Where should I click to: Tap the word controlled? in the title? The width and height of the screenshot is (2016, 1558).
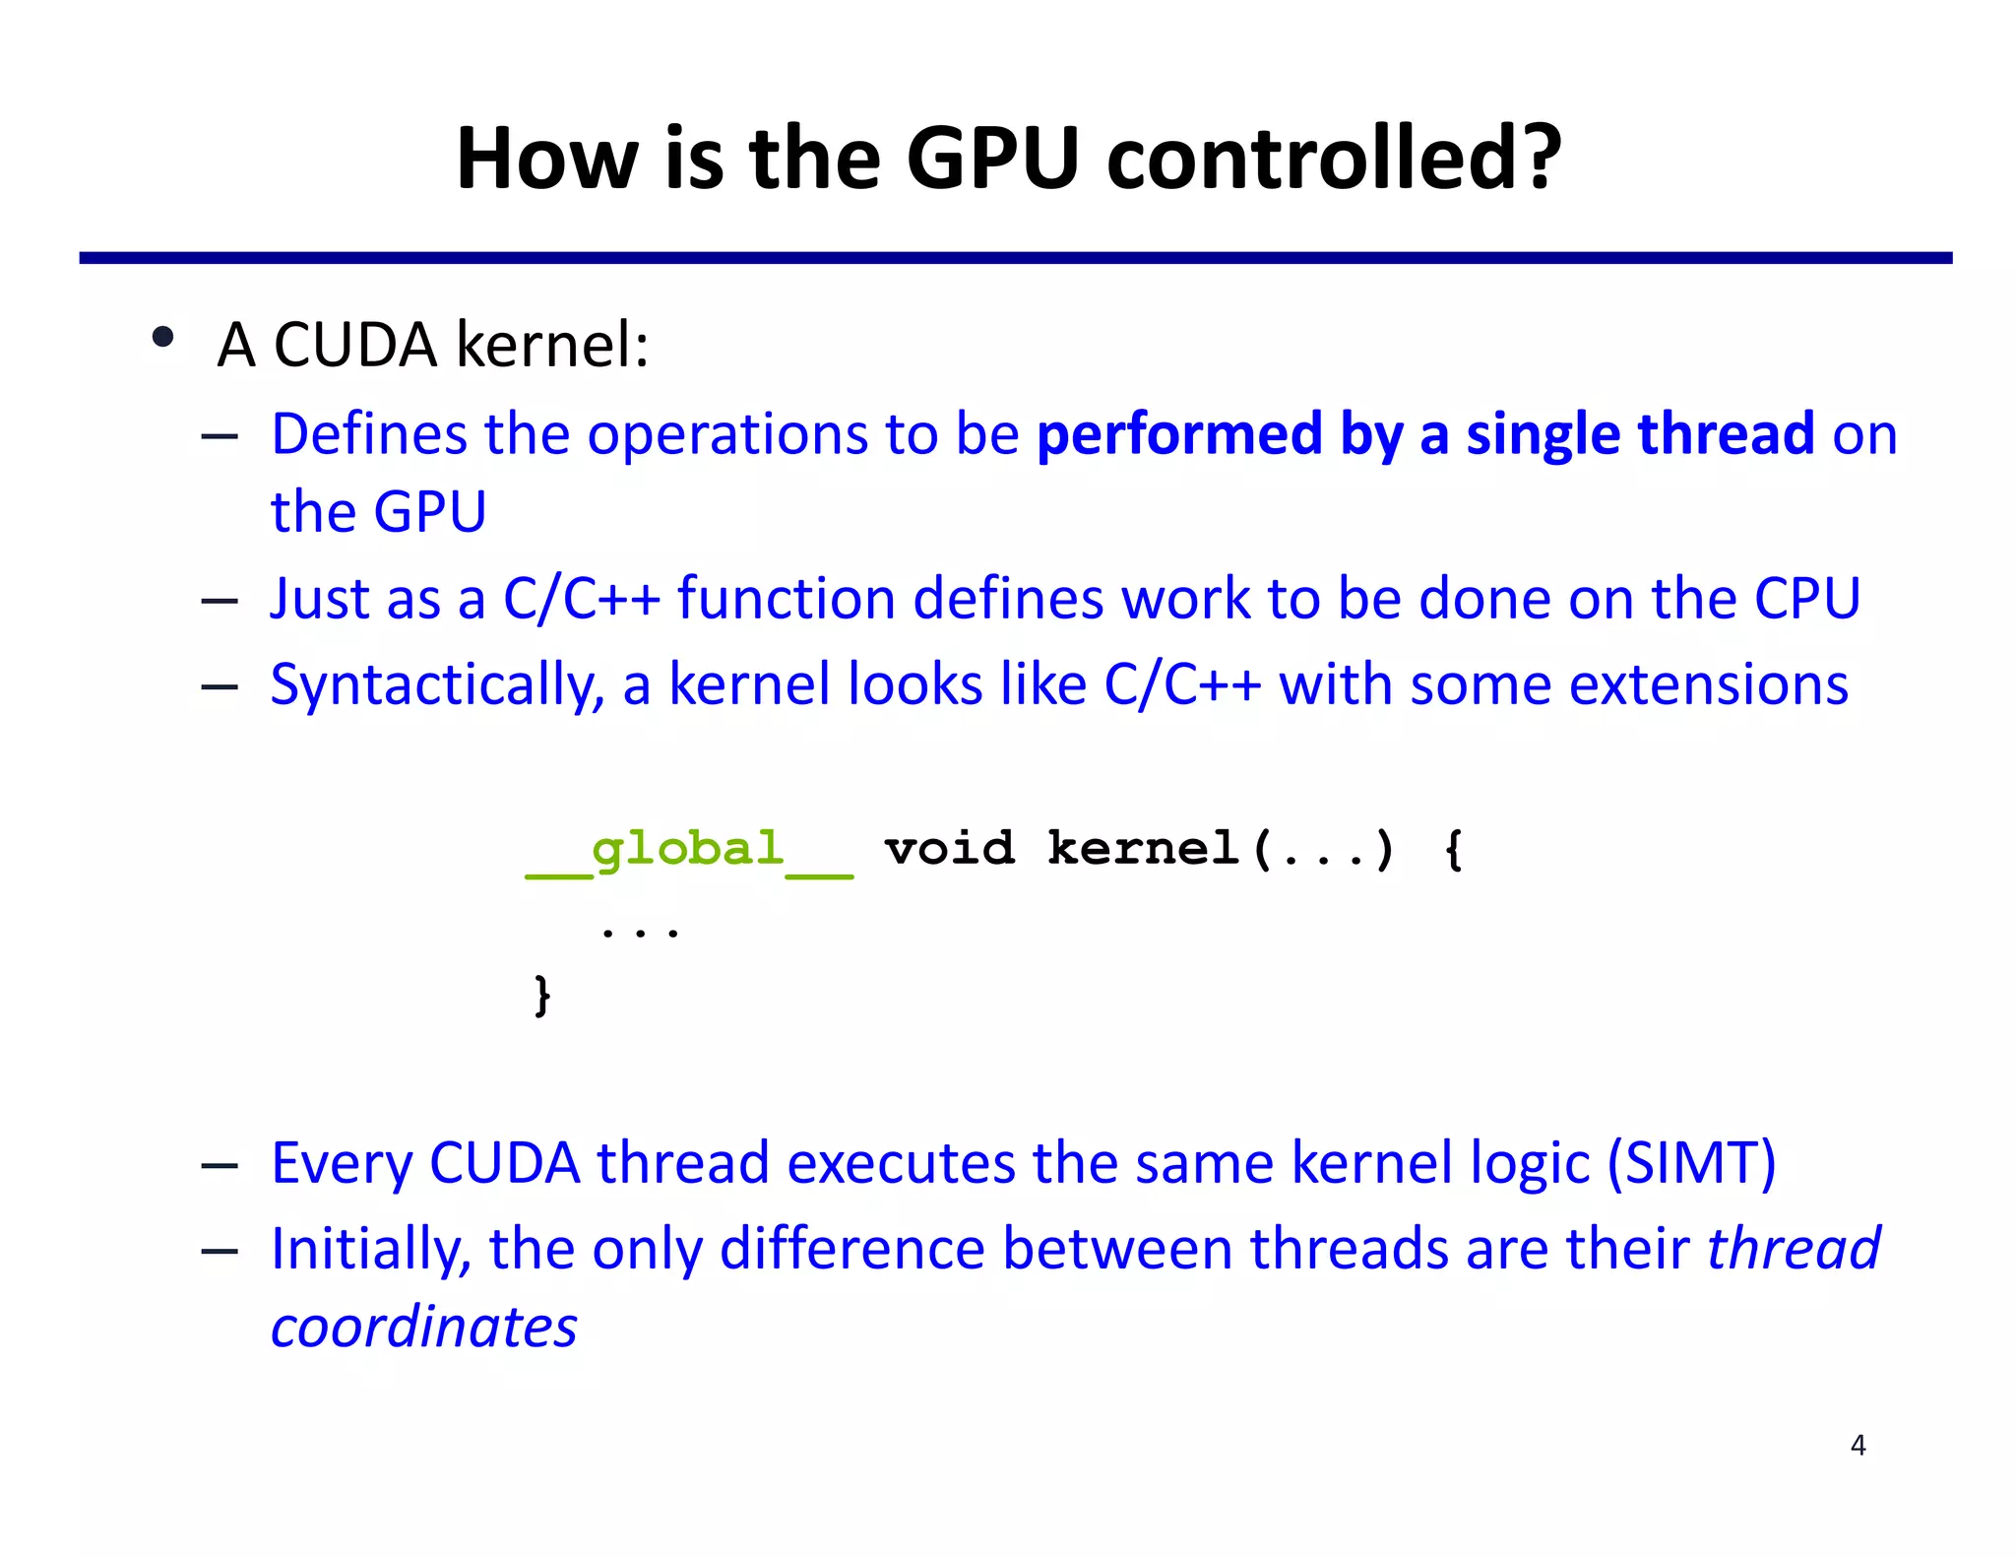pos(1334,159)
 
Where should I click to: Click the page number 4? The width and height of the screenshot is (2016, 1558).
pos(1858,1445)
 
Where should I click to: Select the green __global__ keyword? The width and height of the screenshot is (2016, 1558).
pos(689,850)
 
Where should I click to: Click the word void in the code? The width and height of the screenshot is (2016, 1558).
pos(949,849)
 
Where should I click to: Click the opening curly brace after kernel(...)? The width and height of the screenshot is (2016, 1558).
pos(1453,849)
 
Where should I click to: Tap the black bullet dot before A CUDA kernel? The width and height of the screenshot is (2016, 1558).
pos(163,338)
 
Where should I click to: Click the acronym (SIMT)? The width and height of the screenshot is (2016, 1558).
pos(1691,1163)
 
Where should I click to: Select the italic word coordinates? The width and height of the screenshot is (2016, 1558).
pos(423,1327)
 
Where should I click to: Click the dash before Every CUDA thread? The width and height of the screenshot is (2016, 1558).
pos(219,1166)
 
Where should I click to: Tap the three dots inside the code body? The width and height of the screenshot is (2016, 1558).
pos(640,930)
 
